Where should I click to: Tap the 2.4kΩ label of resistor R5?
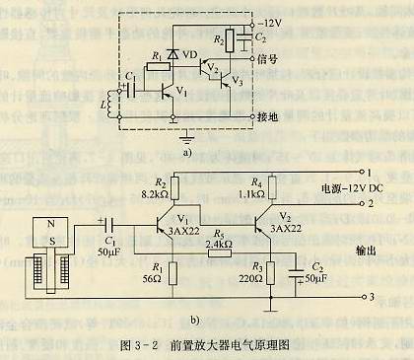pyautogui.click(x=218, y=242)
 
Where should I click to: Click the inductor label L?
pyautogui.click(x=92, y=103)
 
